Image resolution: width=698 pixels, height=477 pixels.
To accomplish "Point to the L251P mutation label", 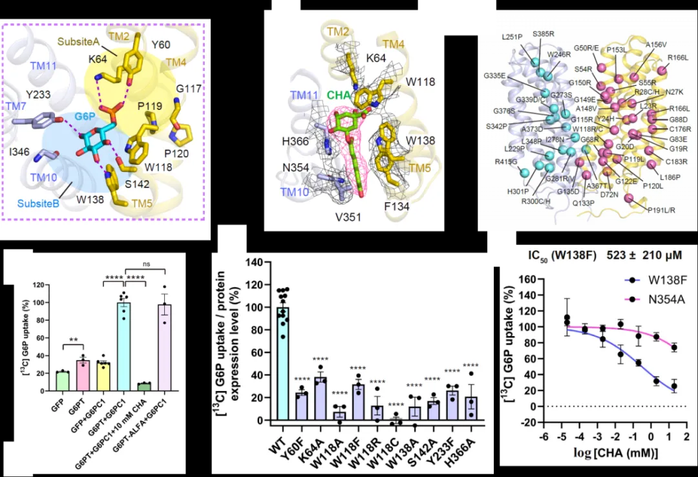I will click(513, 37).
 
